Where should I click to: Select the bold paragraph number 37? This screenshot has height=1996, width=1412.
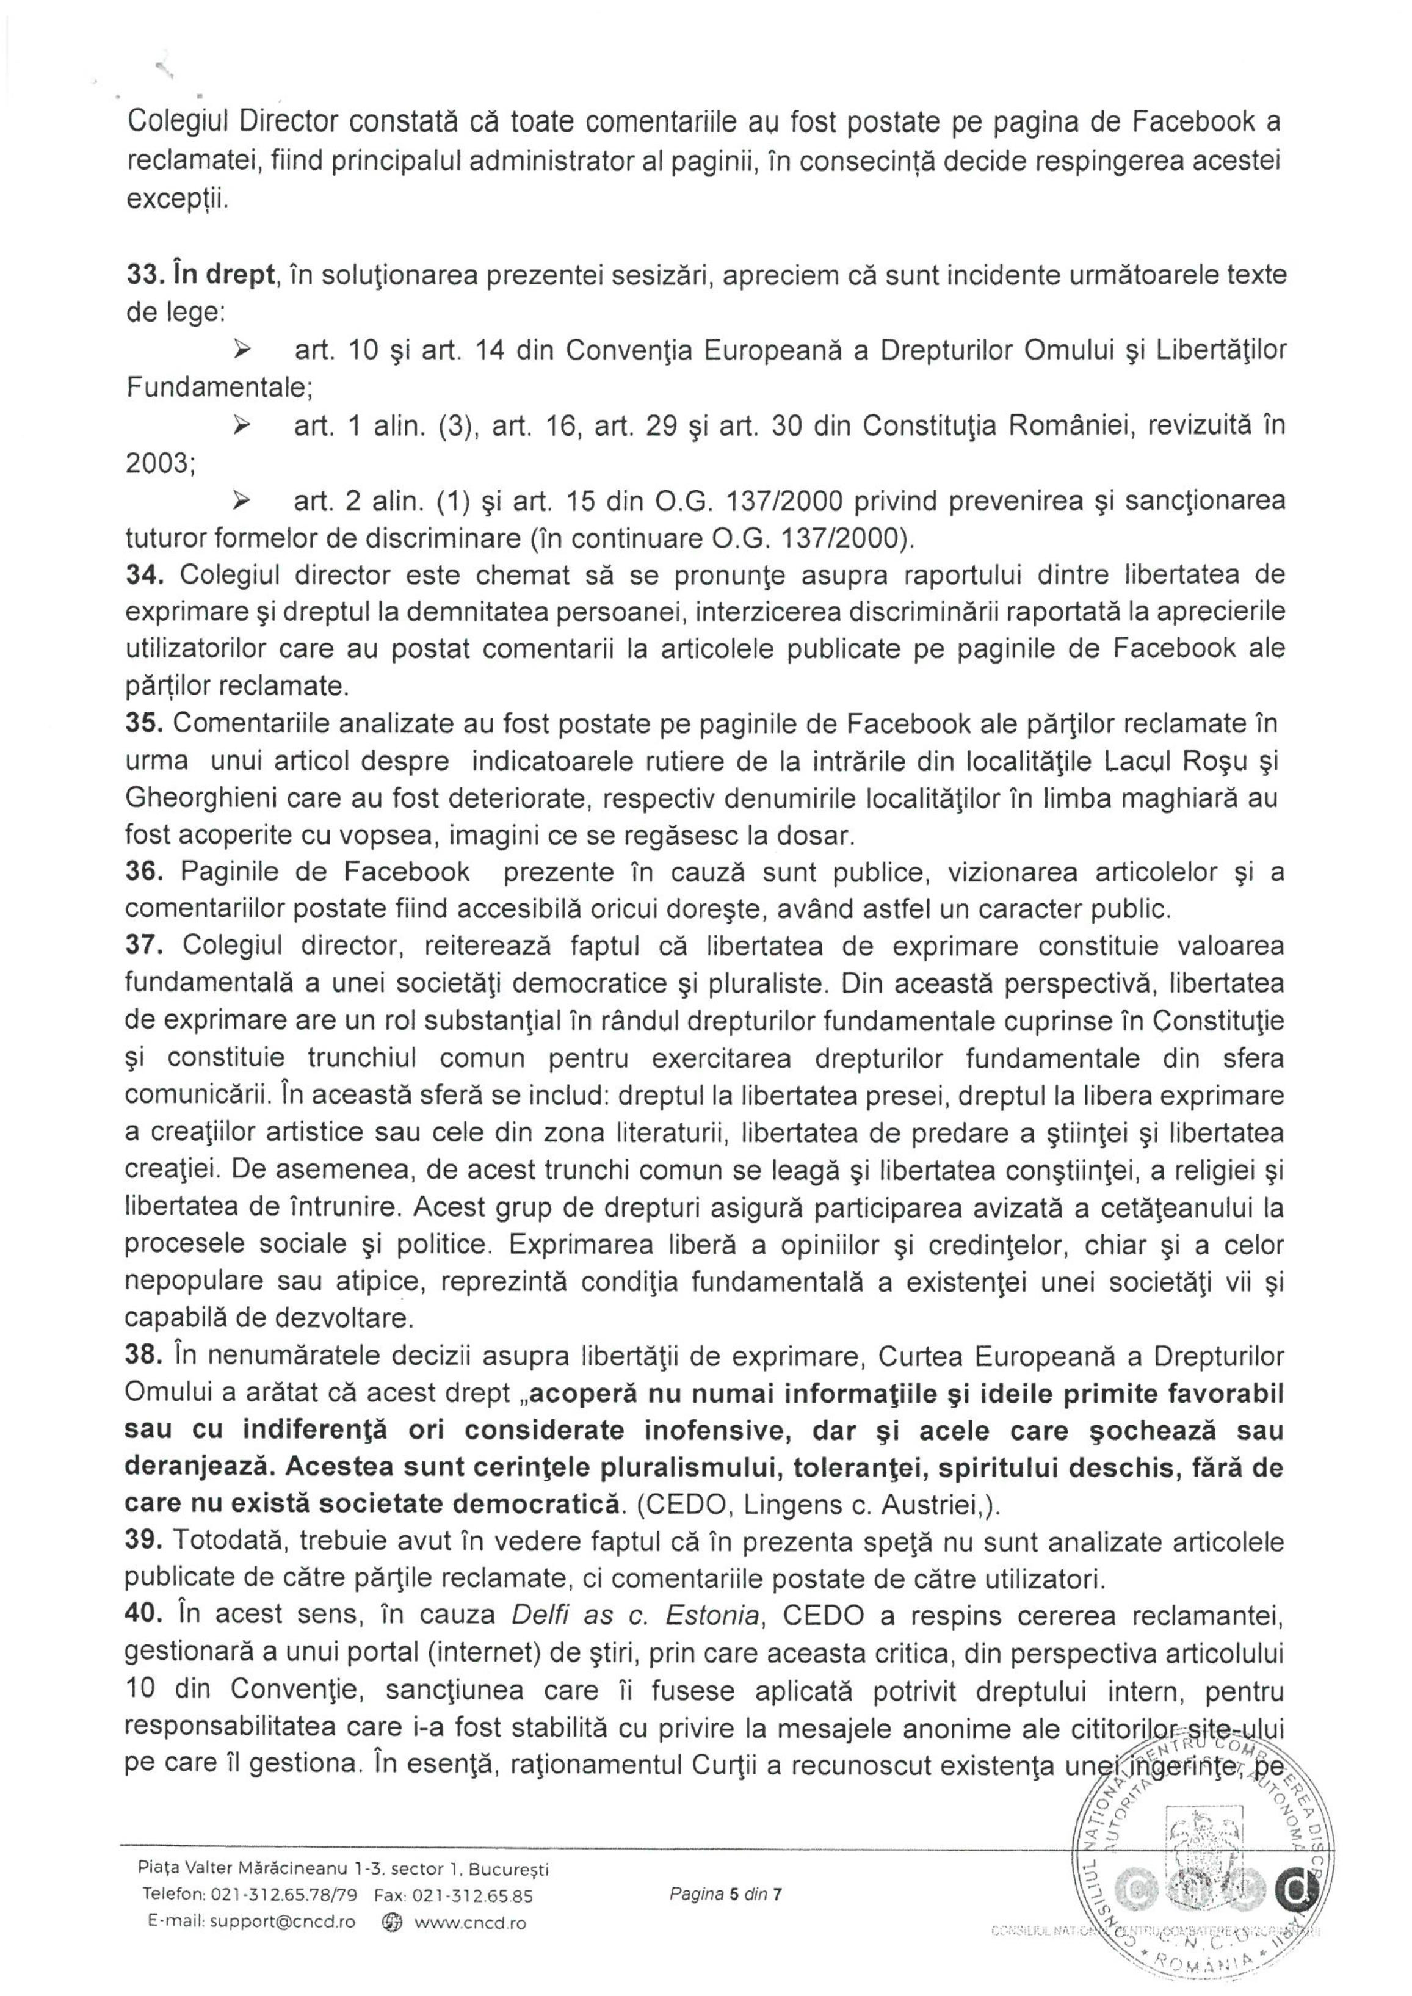[x=141, y=946]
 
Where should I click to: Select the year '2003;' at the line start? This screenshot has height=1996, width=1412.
[x=161, y=463]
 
